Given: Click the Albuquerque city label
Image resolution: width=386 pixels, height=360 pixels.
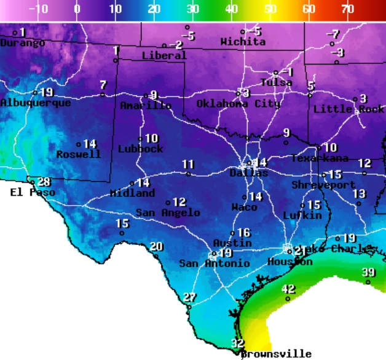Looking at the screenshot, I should (35, 103).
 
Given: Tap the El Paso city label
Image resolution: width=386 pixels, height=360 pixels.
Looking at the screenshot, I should (33, 193).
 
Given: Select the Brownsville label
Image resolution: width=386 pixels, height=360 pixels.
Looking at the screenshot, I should (276, 354).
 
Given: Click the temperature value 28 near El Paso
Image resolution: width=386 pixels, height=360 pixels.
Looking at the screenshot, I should (44, 182).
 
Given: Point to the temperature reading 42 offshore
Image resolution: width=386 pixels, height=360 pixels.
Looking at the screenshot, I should (288, 289).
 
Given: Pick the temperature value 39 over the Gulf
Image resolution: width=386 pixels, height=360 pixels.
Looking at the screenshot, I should (368, 273).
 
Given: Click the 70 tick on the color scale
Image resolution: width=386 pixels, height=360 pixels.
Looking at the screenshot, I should (348, 9).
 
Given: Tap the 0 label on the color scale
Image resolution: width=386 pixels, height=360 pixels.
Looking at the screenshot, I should (77, 9).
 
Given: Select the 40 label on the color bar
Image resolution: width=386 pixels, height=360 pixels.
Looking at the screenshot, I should (232, 9).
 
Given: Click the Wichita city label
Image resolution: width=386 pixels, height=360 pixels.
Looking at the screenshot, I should (243, 42).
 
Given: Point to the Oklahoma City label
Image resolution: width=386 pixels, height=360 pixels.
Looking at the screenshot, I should (238, 103).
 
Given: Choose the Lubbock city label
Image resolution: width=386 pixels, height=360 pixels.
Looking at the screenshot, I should (140, 149).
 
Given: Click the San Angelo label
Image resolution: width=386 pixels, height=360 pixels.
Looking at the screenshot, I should (168, 213).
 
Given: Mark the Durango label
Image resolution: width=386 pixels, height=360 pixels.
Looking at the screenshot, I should (23, 43).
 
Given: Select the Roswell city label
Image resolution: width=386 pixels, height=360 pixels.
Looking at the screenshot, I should (79, 154).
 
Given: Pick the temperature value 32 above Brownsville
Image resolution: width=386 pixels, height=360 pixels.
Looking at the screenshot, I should (237, 343).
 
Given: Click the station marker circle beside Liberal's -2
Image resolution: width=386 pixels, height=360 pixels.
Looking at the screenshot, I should (164, 46).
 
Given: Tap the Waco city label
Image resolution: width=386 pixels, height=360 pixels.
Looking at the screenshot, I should (244, 207).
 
